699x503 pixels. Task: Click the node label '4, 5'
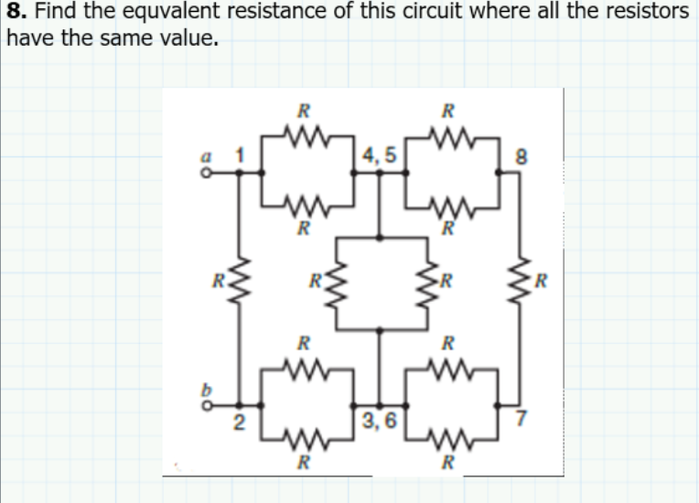click(379, 155)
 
